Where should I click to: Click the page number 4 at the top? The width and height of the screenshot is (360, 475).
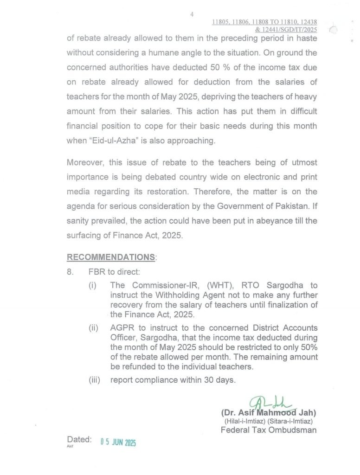[192, 15]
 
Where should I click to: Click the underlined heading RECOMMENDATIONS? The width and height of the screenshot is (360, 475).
[110, 257]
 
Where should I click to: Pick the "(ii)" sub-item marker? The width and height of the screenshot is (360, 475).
[93, 328]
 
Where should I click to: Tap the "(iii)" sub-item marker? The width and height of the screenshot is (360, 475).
[95, 380]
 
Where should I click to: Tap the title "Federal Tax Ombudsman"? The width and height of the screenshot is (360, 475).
[269, 430]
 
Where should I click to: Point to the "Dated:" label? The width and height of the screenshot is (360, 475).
[79, 439]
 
